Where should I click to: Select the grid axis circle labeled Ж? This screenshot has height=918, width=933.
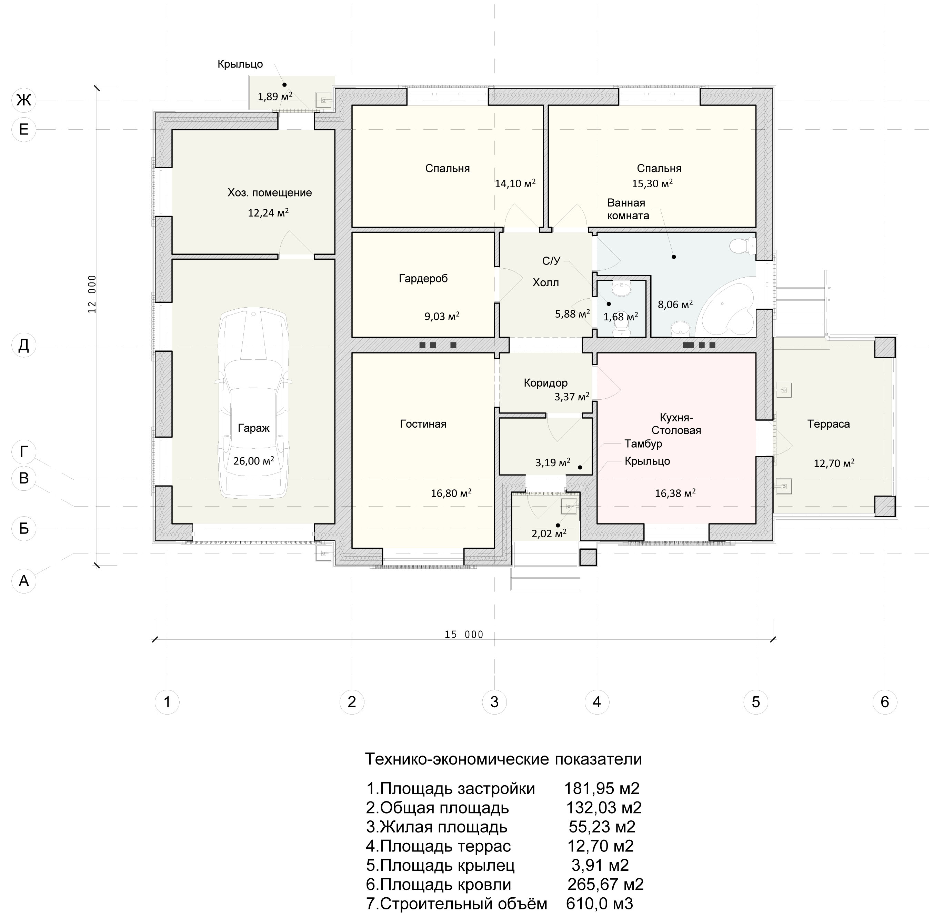point(24,100)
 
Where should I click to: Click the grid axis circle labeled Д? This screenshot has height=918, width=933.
point(24,345)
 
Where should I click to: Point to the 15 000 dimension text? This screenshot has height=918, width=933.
point(464,635)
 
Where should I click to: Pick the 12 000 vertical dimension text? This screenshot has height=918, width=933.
point(92,294)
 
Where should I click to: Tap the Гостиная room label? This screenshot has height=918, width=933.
point(423,424)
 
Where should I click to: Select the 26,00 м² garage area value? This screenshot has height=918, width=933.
point(254,460)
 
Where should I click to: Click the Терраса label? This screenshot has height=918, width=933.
point(829,424)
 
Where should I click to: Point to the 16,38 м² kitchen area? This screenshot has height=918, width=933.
point(675,493)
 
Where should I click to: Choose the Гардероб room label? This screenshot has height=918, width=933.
point(423,278)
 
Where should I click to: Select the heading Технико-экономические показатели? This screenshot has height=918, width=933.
point(503,759)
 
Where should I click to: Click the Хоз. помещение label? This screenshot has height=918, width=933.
point(270,193)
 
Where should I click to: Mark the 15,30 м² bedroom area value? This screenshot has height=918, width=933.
point(652,183)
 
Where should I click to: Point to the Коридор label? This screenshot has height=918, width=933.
point(546,383)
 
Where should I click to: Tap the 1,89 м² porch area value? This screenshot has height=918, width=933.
point(275,97)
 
